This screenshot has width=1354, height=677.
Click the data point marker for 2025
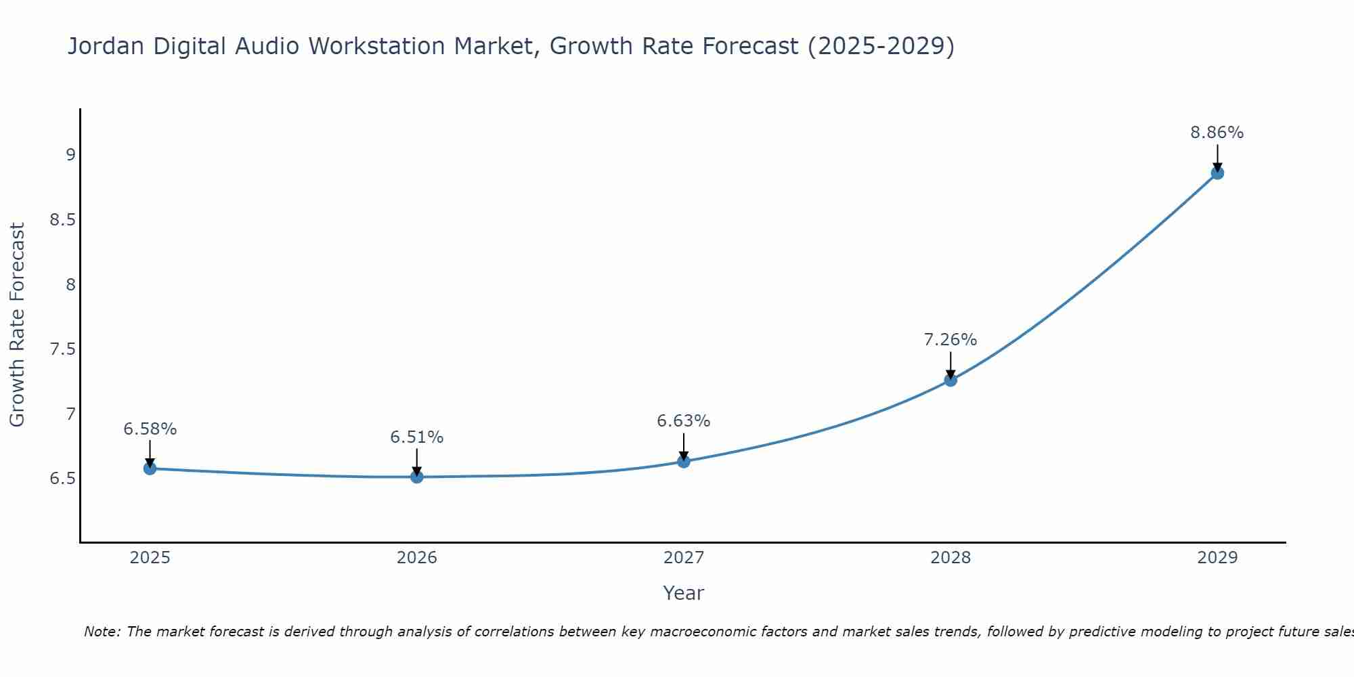tap(150, 468)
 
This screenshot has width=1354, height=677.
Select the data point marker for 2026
tap(417, 477)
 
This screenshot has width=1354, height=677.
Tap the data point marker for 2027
tap(684, 462)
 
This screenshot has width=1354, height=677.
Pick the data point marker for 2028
tap(951, 380)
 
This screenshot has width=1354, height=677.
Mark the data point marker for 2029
tap(1217, 173)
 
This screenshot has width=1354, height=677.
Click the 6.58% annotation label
tap(150, 429)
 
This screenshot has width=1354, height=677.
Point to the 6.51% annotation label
tap(417, 437)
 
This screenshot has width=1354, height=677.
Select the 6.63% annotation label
tap(684, 421)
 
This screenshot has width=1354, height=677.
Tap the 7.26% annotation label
tap(951, 340)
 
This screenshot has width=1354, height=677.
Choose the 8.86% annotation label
tap(1217, 133)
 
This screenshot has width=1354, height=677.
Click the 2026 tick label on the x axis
tap(417, 558)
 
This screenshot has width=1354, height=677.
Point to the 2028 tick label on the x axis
tap(951, 558)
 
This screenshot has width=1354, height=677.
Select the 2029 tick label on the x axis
tap(1217, 558)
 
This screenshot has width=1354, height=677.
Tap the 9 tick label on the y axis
tap(70, 155)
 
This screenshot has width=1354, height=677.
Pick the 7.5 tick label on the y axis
tap(62, 349)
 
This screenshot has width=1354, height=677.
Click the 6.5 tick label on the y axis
tap(62, 479)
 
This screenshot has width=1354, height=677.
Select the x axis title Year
tap(684, 593)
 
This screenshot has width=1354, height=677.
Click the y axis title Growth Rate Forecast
tap(18, 324)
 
